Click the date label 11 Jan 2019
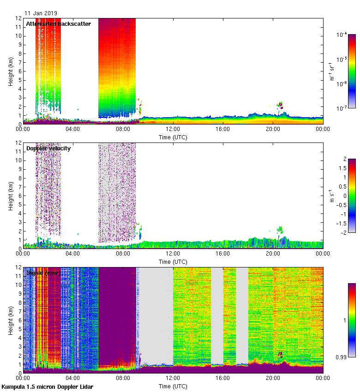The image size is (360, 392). click(41, 14)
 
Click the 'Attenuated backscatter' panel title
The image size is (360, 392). click(58, 24)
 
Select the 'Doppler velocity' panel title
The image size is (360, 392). click(48, 148)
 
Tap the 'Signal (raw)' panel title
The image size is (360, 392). click(43, 273)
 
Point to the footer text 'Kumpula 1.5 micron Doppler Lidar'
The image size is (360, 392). click(48, 387)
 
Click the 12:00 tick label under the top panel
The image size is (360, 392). click(173, 129)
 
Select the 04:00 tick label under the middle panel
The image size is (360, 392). click(73, 254)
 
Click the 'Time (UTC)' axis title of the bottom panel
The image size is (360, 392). click(173, 386)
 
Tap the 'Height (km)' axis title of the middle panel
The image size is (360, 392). click(11, 196)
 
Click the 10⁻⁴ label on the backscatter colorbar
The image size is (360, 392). click(342, 35)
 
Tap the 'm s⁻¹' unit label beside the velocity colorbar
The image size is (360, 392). click(331, 196)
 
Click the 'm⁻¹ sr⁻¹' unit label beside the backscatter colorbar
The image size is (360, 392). click(331, 71)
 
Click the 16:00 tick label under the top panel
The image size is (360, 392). click(223, 129)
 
